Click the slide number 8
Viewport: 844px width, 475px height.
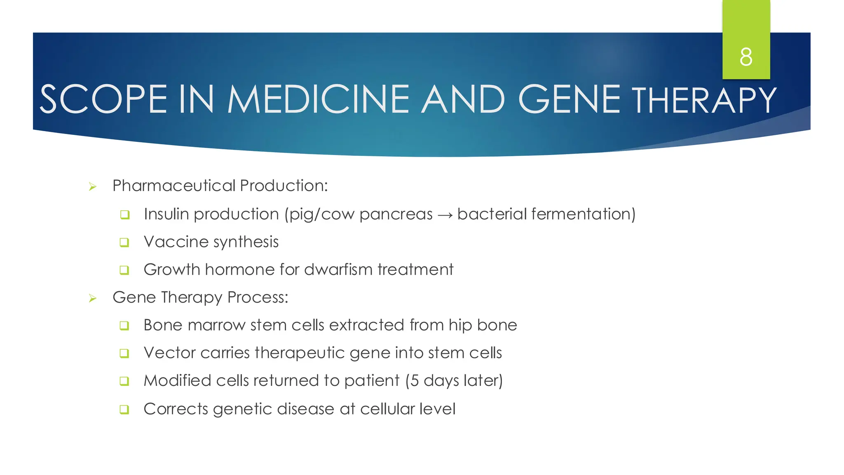point(746,57)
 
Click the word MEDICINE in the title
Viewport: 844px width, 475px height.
point(318,99)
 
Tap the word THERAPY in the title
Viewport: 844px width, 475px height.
point(704,100)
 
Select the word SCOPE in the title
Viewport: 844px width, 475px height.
point(103,99)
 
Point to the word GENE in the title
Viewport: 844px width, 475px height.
point(569,99)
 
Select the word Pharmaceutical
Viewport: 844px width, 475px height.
point(174,186)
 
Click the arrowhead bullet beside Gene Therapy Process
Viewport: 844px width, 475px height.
point(93,298)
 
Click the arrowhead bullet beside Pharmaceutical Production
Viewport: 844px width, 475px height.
point(93,187)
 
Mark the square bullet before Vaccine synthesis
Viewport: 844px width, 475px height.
point(124,242)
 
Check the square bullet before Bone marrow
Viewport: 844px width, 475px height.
point(124,326)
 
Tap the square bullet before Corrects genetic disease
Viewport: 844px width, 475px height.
point(124,409)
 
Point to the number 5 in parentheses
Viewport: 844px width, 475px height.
point(415,381)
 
